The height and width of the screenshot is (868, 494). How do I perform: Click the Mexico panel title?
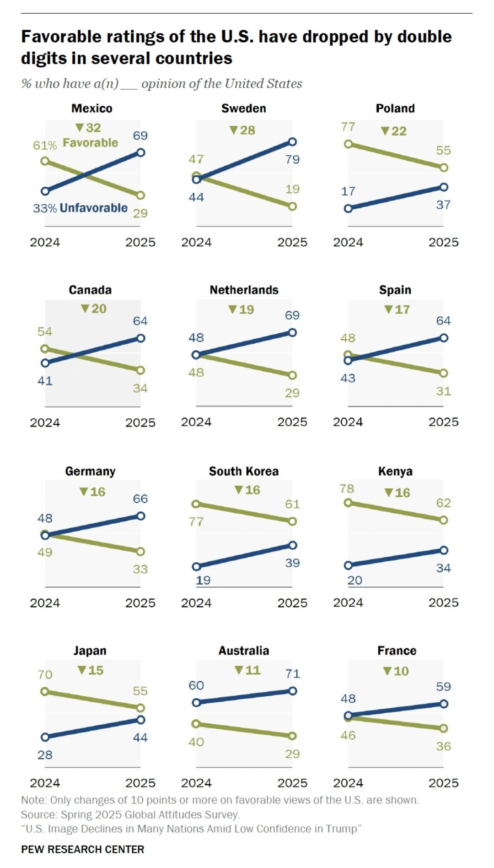tap(91, 108)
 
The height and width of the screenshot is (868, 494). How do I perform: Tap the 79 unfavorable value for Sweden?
tap(292, 159)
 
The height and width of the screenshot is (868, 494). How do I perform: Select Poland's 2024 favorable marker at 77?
tap(348, 144)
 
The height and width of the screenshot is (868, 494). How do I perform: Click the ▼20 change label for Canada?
tap(94, 309)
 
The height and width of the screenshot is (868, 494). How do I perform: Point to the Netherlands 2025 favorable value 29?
tap(292, 393)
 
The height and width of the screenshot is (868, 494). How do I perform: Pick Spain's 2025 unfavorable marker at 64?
tap(443, 338)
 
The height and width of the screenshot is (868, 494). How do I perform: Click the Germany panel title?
tap(90, 472)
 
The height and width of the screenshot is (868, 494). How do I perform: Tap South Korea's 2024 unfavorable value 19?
tap(203, 580)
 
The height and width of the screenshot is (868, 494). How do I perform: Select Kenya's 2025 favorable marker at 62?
tap(443, 521)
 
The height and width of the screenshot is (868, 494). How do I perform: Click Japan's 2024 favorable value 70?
tap(45, 674)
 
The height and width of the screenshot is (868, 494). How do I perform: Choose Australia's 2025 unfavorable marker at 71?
tap(292, 691)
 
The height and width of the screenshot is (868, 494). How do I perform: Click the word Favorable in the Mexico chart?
tap(90, 143)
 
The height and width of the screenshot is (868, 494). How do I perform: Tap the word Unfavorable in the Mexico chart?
tap(93, 208)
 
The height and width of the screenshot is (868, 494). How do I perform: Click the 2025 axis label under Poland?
tap(443, 242)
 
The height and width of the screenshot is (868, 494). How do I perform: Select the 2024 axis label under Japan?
tap(45, 783)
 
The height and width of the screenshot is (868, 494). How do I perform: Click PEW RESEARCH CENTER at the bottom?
tap(82, 849)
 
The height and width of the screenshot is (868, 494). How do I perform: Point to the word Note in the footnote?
tap(33, 800)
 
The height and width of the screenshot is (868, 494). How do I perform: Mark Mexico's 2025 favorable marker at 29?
tap(140, 195)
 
